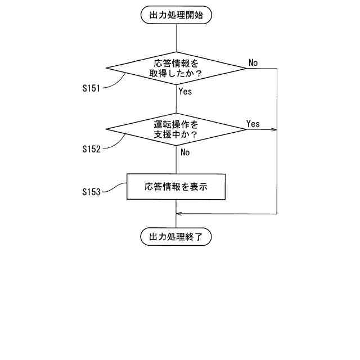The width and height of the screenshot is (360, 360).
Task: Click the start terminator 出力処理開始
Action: pos(176,15)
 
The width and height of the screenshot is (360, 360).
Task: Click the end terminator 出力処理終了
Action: pos(176,237)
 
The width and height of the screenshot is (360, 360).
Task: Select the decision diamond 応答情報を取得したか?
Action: pos(176,68)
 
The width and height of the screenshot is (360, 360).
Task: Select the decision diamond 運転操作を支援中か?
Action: pos(176,129)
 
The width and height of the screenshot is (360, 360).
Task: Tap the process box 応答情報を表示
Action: pos(176,187)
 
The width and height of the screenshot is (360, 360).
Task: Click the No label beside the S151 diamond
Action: pos(253,62)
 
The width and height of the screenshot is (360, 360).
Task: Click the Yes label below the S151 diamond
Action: pos(185,91)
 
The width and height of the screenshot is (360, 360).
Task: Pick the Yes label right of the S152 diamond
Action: pos(253,123)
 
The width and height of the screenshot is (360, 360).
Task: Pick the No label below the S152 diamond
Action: pos(185,152)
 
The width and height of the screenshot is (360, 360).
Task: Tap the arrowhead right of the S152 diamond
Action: pos(274,129)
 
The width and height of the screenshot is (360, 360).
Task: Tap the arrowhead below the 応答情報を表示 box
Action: pos(178,214)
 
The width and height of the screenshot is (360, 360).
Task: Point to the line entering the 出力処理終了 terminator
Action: pos(176,222)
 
